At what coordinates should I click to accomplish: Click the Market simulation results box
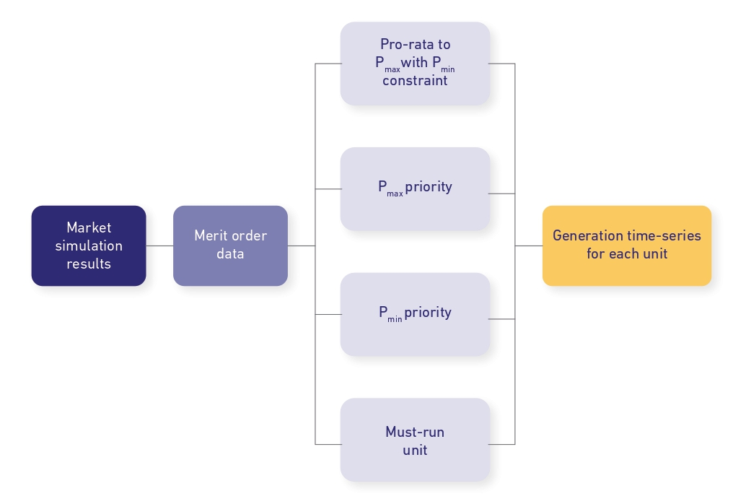89,246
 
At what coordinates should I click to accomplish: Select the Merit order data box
230,246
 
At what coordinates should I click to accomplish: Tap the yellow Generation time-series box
626,246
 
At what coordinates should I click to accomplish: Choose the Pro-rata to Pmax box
415,64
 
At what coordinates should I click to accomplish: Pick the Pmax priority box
415,188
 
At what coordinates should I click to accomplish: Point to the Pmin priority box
415,314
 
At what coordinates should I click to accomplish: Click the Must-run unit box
415,440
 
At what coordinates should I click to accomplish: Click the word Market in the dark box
89,227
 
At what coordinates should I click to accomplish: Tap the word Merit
211,236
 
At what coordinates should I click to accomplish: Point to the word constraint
415,81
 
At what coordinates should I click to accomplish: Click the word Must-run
415,432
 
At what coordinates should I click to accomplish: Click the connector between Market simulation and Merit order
159,246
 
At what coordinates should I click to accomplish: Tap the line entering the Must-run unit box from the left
328,443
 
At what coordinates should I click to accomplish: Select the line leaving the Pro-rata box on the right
502,64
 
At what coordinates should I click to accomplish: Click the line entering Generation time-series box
529,246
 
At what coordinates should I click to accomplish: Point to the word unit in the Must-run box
415,450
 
